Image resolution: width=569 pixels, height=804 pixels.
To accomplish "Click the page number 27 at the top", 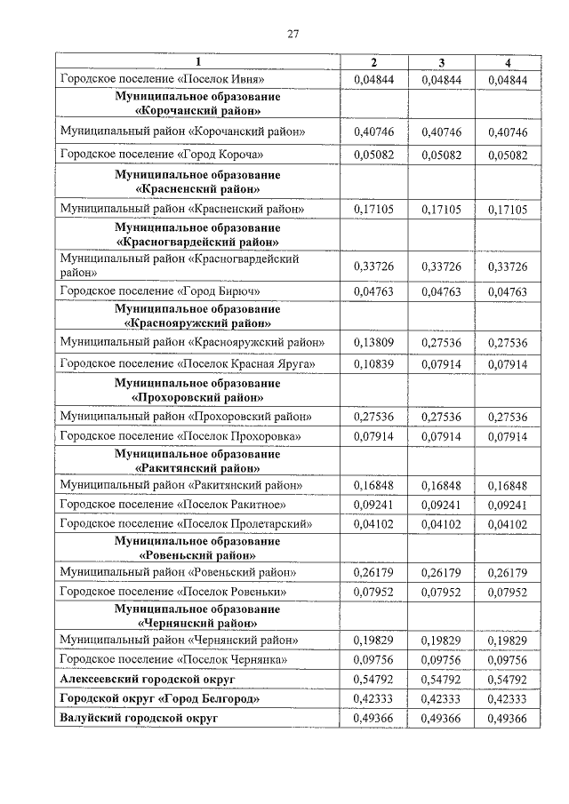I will (292, 35).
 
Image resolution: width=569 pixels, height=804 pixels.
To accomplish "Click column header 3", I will (441, 62).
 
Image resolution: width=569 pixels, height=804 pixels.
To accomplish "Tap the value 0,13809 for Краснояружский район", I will (373, 341).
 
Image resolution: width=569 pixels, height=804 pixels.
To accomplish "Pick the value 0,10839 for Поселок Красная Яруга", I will (373, 364).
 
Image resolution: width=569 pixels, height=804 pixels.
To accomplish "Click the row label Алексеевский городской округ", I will (147, 678).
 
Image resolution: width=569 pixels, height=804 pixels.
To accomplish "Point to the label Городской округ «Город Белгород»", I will (159, 698).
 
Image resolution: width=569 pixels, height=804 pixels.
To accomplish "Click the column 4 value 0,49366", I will (509, 717).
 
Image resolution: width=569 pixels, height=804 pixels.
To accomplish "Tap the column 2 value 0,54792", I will (373, 678).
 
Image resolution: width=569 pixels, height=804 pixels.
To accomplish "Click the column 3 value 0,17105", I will (441, 210).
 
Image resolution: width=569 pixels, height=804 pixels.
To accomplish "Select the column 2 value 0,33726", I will (373, 267).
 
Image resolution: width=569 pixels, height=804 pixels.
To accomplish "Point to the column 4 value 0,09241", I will (509, 505).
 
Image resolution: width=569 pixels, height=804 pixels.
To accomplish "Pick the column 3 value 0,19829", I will (441, 640).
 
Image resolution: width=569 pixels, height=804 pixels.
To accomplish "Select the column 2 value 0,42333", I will (373, 698).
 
